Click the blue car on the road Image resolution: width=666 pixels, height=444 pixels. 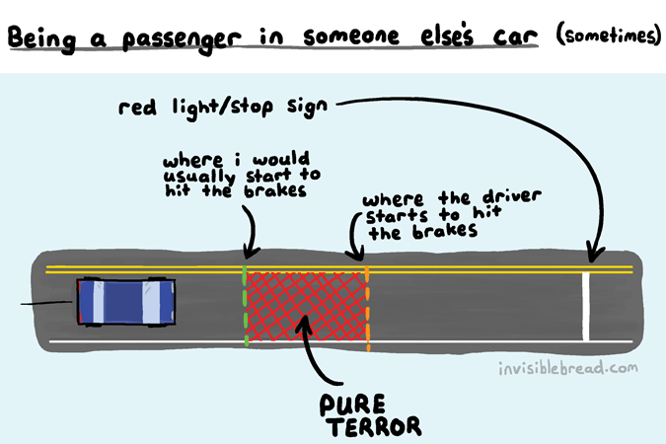[126, 302]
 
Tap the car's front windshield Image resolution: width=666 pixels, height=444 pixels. [152, 302]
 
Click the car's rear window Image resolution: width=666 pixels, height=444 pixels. [98, 302]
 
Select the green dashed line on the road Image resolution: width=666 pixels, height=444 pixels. [245, 306]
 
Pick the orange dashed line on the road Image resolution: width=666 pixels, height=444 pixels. [367, 309]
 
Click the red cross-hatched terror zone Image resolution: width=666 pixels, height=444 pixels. [306, 306]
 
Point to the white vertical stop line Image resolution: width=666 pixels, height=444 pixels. [586, 306]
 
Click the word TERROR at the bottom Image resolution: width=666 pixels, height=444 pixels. [376, 426]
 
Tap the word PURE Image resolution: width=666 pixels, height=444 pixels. [352, 405]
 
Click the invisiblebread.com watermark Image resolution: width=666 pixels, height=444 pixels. [568, 368]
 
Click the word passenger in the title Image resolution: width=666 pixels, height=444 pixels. [183, 39]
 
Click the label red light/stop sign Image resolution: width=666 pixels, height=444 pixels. [223, 108]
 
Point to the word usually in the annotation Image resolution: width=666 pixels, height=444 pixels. [198, 177]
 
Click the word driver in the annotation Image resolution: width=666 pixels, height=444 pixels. [512, 196]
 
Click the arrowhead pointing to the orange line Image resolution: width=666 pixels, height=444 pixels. [356, 255]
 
